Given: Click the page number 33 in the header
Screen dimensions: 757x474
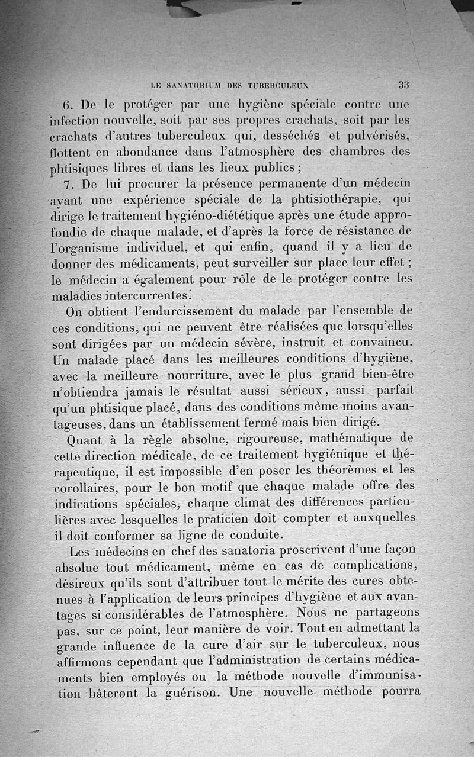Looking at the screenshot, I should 405,85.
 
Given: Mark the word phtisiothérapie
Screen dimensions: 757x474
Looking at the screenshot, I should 340,198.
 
